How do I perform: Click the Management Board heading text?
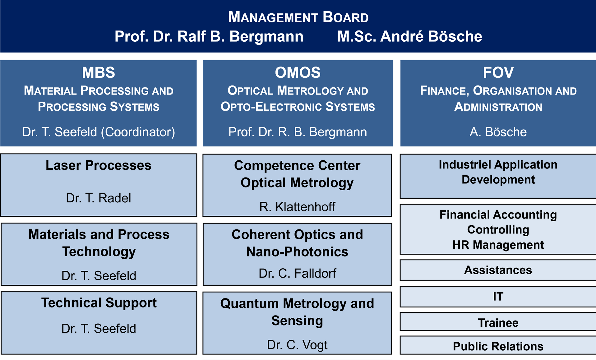(298, 17)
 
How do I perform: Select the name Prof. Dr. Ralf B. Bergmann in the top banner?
(209, 36)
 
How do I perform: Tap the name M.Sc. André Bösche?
(410, 36)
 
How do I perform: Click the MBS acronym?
(99, 73)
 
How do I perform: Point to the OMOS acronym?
(298, 73)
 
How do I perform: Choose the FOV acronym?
(498, 73)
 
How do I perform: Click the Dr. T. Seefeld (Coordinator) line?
(99, 132)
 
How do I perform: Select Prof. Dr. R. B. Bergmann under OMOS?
(298, 132)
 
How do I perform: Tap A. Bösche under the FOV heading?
(498, 132)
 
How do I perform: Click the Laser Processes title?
(99, 165)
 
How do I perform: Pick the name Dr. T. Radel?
(99, 198)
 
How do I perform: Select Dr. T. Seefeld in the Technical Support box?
(99, 329)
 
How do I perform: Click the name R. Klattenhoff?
(297, 207)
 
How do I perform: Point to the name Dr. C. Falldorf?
(297, 273)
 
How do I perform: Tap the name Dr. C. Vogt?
(297, 345)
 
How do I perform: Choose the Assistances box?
(498, 270)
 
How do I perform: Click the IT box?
(498, 297)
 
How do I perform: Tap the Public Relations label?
(498, 346)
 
